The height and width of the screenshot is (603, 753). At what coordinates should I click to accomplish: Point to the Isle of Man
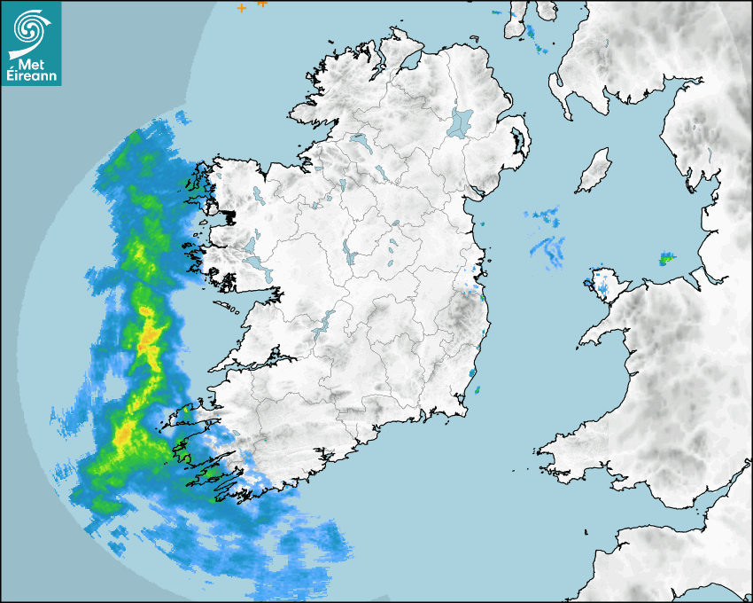pyautogui.click(x=594, y=171)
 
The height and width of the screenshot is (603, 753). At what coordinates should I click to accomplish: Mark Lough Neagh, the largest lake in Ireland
pyautogui.click(x=461, y=121)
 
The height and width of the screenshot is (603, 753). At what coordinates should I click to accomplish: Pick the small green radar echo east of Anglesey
pyautogui.click(x=665, y=259)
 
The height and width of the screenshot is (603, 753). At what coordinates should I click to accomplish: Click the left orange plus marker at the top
pyautogui.click(x=241, y=8)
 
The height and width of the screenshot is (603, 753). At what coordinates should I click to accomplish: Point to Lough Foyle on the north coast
pyautogui.click(x=409, y=62)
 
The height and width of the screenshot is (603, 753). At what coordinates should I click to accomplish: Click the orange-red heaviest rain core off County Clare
pyautogui.click(x=148, y=337)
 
